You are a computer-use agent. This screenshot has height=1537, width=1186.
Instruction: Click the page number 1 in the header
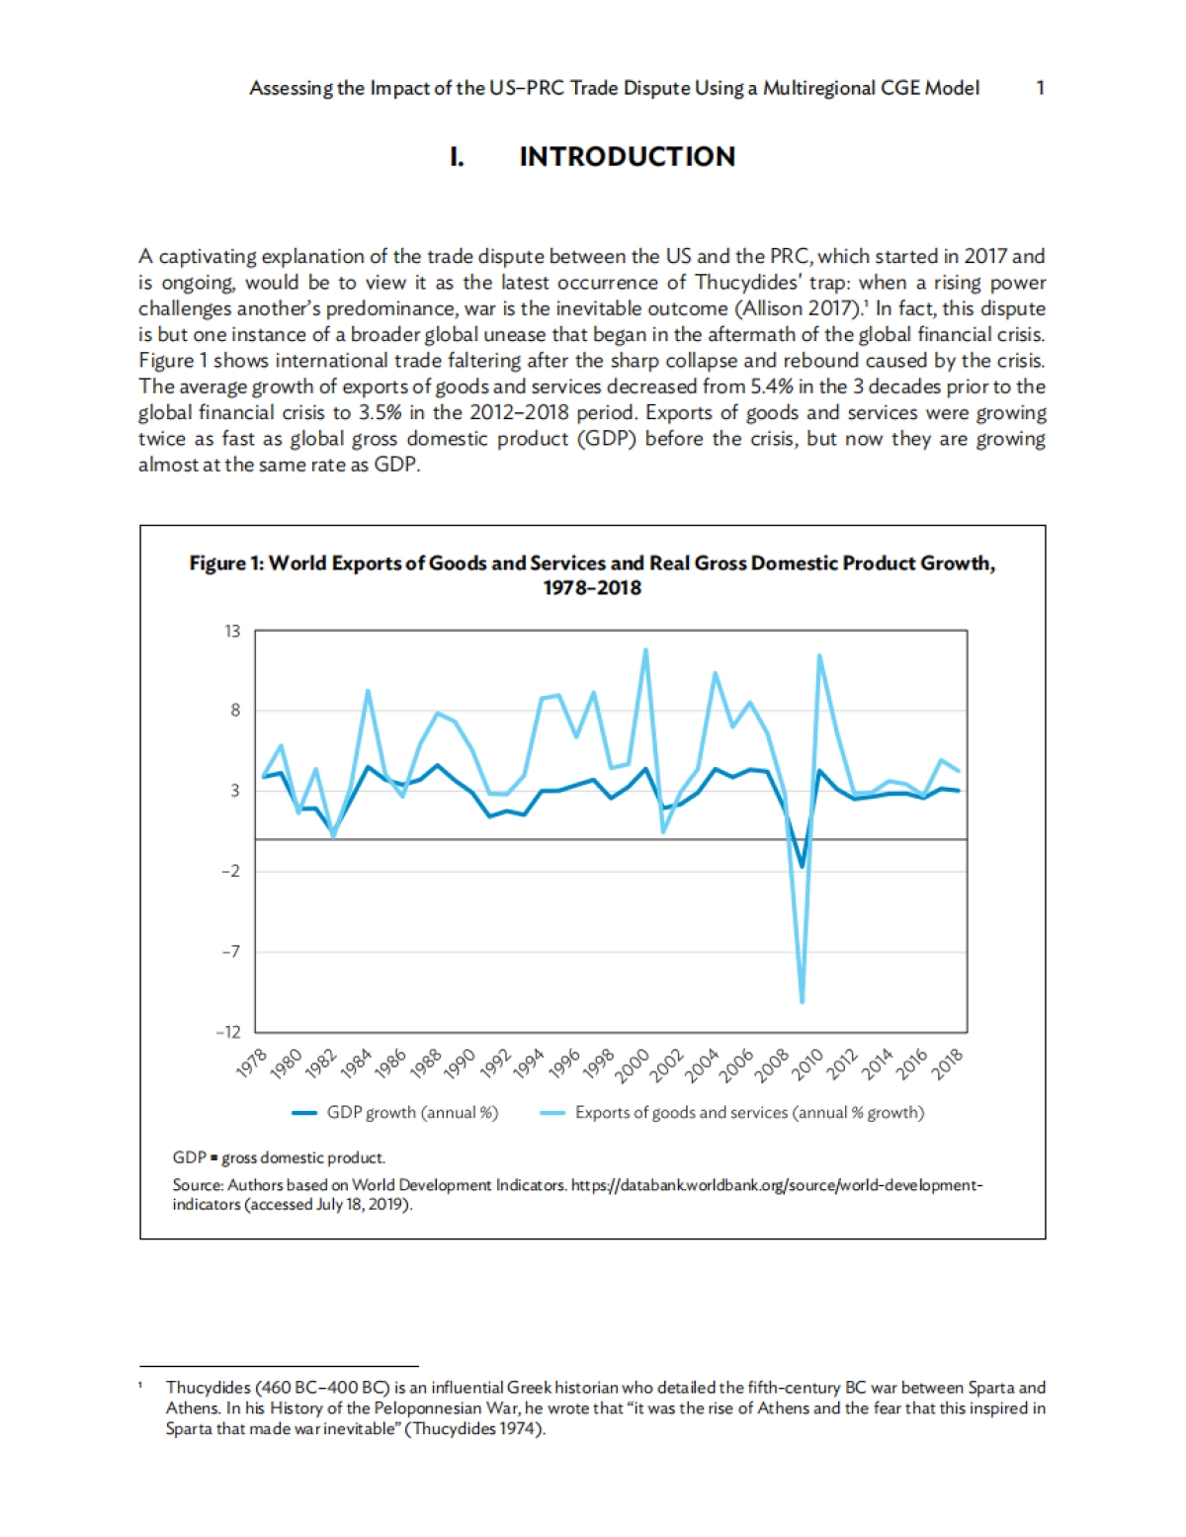tap(1040, 88)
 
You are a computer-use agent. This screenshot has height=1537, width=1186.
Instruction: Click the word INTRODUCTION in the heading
tap(627, 156)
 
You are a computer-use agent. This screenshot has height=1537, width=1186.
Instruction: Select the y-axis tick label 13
tap(232, 631)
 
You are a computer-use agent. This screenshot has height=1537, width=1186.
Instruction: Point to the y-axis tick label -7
tap(229, 952)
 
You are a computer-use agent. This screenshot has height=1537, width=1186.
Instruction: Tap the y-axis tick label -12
tap(228, 1032)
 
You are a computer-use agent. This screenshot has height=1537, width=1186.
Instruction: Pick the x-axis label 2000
tap(634, 1064)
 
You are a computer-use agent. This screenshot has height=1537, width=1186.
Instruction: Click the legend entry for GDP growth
tap(395, 1113)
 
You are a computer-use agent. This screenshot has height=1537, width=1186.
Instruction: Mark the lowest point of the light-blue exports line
tap(802, 1001)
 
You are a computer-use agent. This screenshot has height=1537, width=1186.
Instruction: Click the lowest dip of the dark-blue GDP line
tap(802, 867)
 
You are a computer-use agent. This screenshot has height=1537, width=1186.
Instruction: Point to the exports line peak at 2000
tap(645, 650)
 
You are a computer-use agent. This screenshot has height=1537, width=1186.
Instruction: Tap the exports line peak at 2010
tap(819, 655)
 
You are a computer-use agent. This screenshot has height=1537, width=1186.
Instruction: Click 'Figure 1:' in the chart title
tap(226, 563)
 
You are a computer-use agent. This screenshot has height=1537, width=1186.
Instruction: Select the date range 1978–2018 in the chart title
tap(592, 588)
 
